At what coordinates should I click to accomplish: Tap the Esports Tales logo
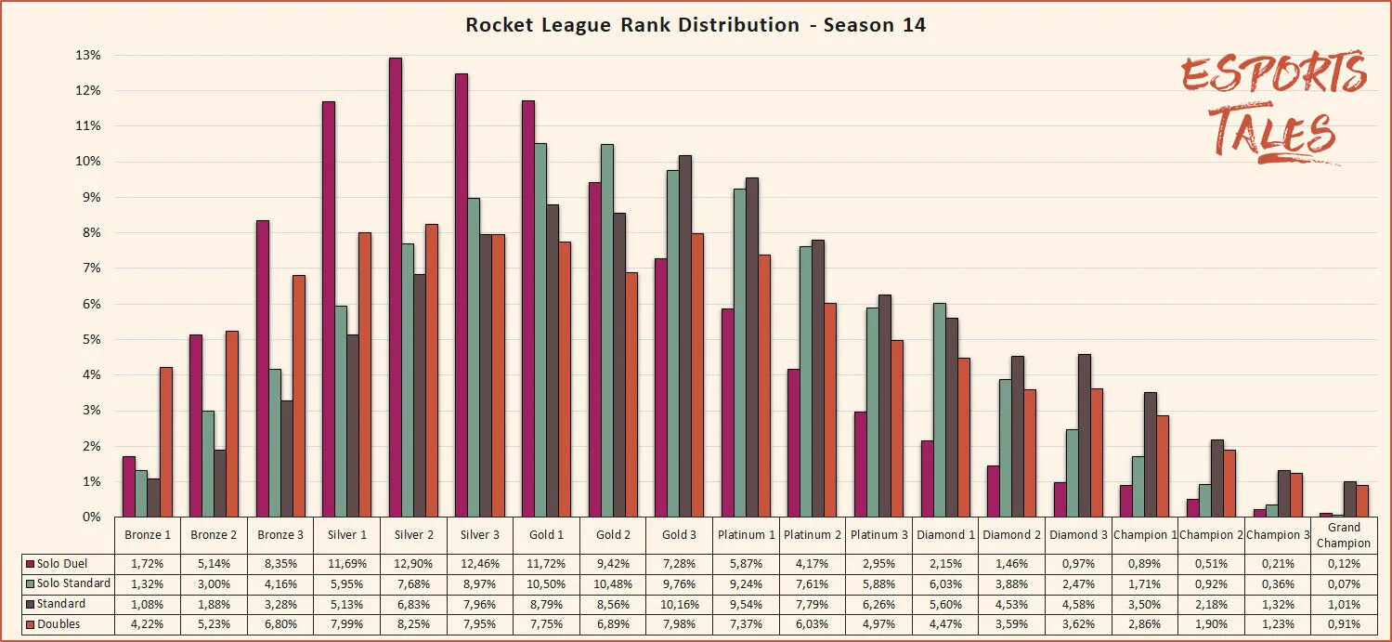(1272, 108)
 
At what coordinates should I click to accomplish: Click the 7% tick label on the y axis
(90, 269)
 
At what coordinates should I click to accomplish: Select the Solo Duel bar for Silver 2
(395, 287)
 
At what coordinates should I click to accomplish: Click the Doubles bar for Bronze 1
(165, 442)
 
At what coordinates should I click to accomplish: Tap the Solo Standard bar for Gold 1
(540, 330)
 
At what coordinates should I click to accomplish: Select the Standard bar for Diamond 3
(1084, 436)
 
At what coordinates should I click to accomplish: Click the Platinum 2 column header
(812, 534)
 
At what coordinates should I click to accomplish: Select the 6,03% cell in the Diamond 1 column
(944, 584)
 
